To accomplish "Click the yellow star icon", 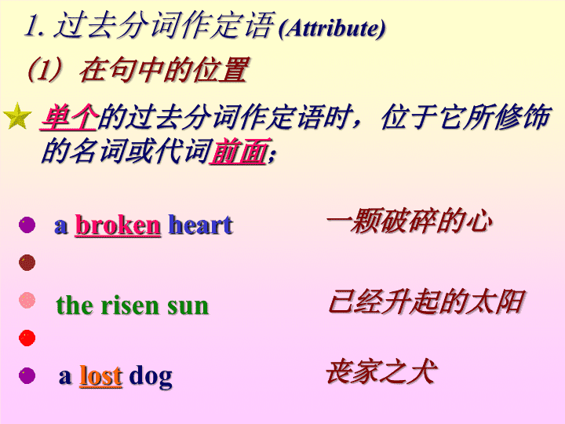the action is coord(17,116).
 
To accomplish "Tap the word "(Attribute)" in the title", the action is coord(332,28).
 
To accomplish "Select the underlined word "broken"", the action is coord(118,225).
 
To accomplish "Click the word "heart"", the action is coord(200,225).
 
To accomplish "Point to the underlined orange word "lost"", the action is coord(101,375).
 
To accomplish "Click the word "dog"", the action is coord(151,377).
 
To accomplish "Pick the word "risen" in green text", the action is coord(129,305).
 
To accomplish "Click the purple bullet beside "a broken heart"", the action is coord(27,225).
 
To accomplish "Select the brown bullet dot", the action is coord(27,262).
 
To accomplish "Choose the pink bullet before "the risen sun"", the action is coord(27,300).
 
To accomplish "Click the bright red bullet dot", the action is coord(27,338).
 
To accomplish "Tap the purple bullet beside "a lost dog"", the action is coord(27,375).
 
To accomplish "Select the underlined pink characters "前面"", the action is coord(239,152).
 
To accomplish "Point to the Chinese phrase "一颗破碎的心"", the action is coord(410,221).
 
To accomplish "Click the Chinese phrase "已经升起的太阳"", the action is coord(426,301).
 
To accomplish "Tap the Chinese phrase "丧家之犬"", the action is coord(381,371).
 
